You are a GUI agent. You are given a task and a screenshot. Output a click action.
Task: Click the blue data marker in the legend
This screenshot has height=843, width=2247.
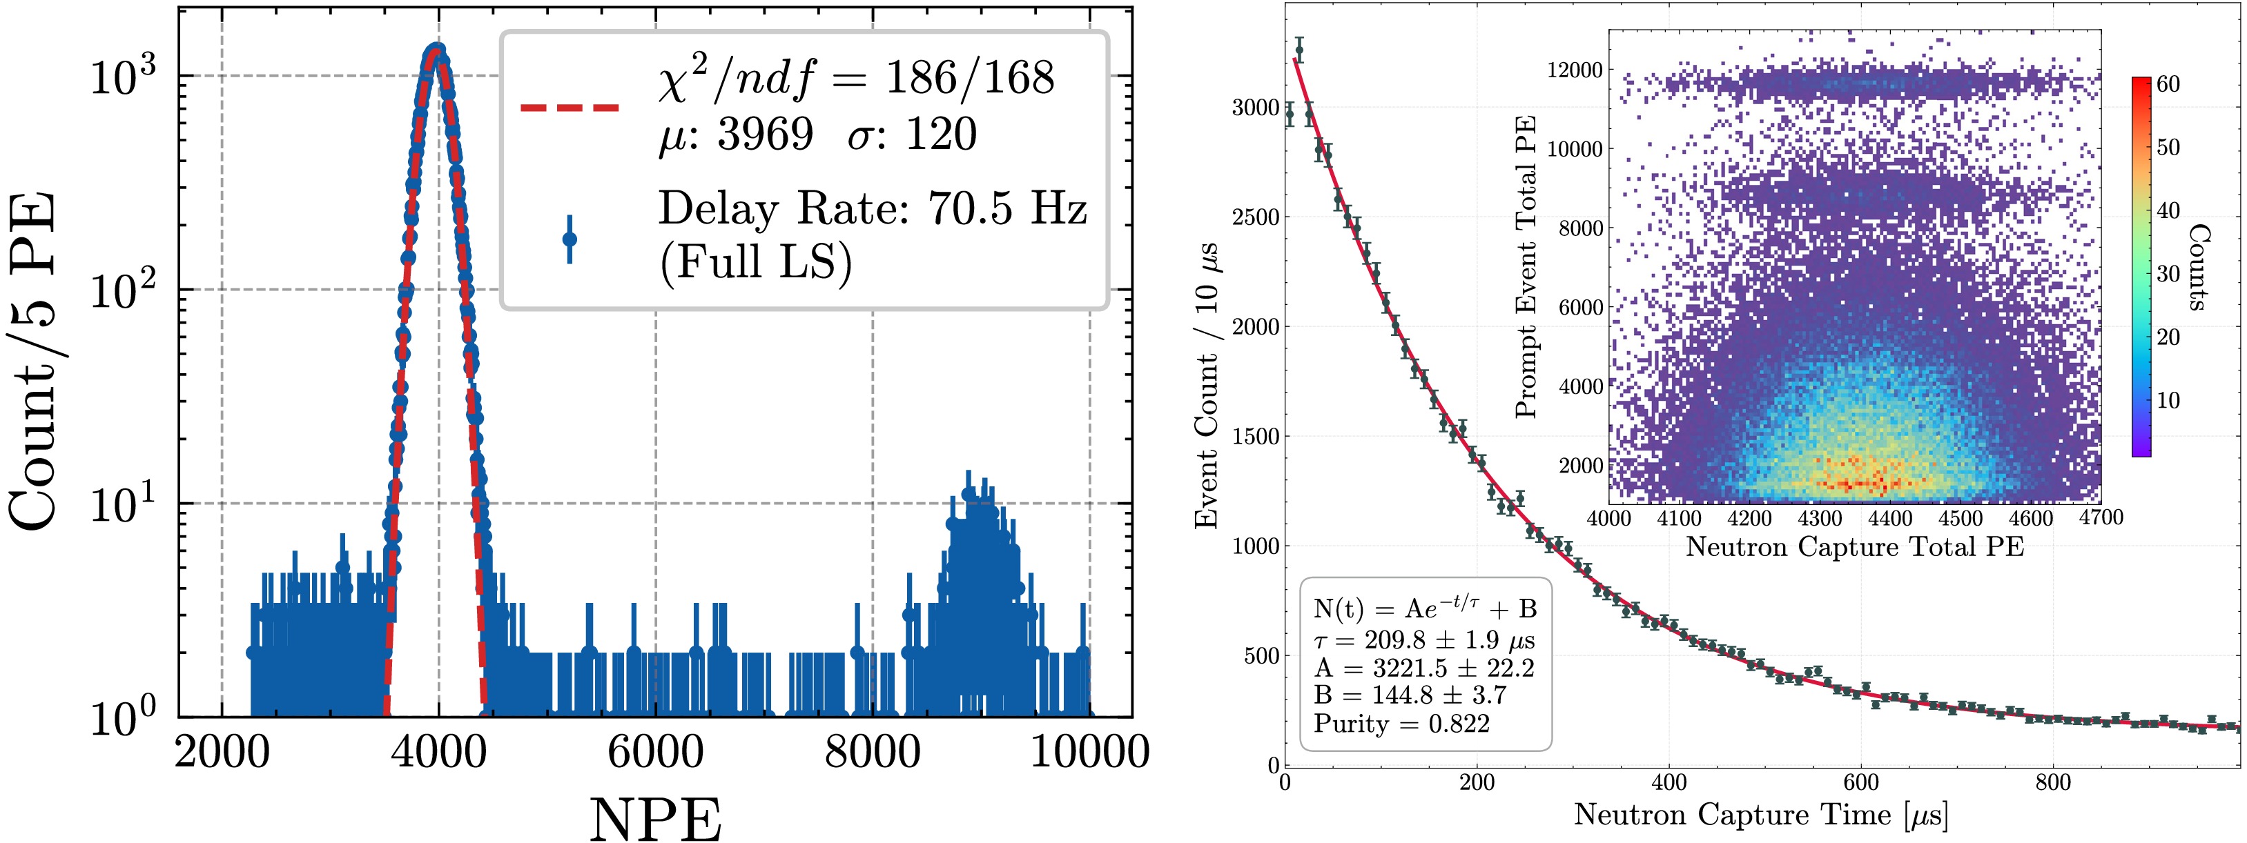(570, 239)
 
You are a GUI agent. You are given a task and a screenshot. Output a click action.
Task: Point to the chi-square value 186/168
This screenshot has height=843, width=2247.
(969, 79)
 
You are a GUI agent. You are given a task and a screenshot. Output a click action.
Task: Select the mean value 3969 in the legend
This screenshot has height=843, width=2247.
(764, 135)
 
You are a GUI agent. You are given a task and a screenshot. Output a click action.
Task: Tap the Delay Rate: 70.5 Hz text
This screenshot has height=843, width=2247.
(873, 209)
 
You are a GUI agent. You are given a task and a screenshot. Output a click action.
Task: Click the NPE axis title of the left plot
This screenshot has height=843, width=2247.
(655, 820)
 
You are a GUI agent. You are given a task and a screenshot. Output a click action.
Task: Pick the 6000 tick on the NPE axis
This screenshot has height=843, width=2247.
(655, 751)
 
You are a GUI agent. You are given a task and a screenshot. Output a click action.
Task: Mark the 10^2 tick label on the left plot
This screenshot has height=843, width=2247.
(121, 290)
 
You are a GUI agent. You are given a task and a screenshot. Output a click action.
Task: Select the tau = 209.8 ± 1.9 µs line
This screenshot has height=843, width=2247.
(1423, 640)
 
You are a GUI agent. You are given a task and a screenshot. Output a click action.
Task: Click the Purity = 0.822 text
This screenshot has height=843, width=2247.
(1402, 724)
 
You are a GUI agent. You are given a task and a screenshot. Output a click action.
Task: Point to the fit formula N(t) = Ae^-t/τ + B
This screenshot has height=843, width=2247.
(1424, 608)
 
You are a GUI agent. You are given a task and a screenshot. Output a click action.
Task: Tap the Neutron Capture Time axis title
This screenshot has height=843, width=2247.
(1760, 815)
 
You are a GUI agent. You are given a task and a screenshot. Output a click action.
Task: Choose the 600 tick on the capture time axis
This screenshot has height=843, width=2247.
(1860, 782)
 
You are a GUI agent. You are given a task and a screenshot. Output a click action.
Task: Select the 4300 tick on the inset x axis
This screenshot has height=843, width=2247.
(1820, 518)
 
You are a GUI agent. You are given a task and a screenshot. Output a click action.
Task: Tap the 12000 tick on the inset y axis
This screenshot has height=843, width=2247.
(1575, 70)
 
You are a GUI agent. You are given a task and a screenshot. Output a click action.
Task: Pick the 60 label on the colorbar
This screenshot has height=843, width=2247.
(2168, 85)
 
